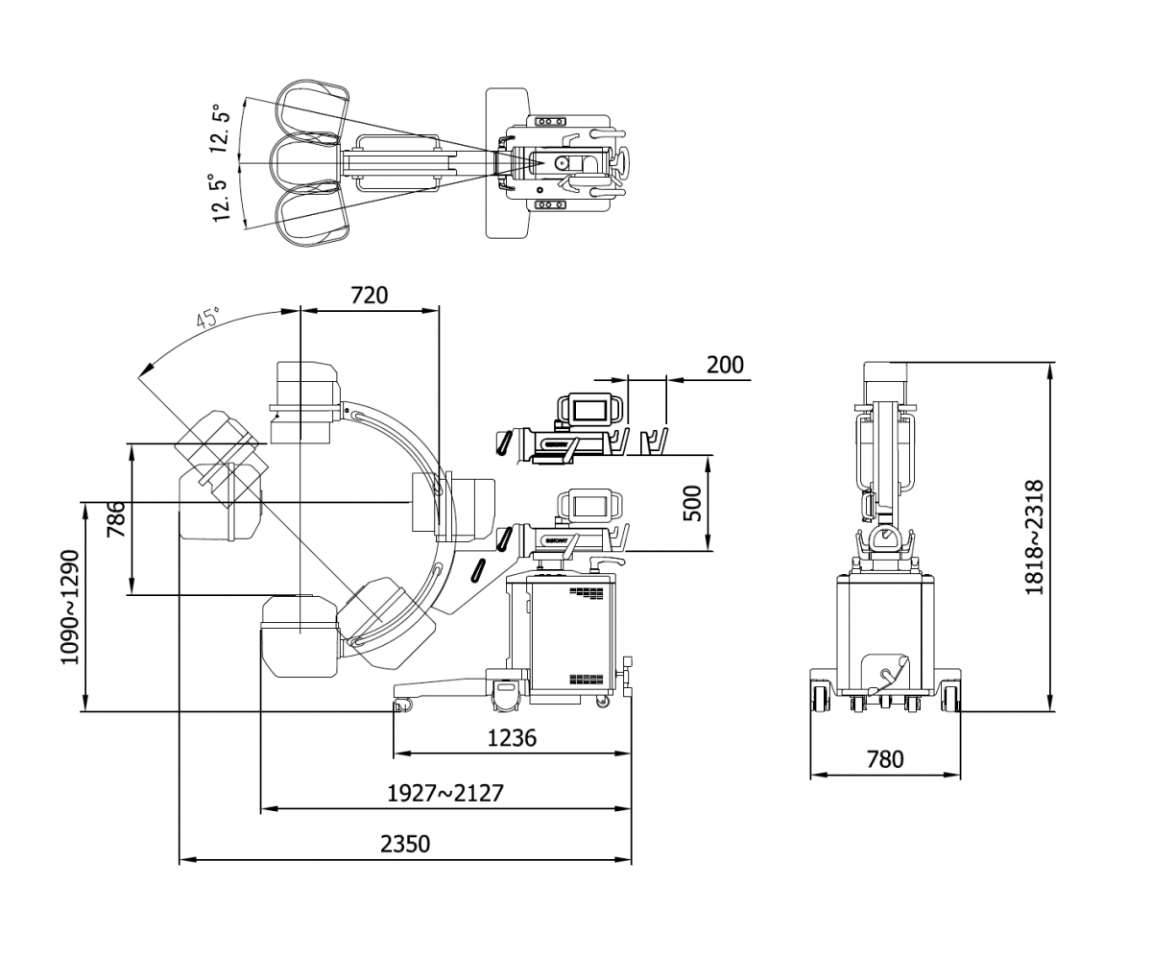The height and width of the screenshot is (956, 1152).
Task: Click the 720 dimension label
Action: [x=369, y=295]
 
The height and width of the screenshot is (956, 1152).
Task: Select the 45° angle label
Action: [x=208, y=319]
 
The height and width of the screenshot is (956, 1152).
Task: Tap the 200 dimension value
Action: [x=725, y=365]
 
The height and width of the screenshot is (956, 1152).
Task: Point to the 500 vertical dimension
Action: [x=691, y=502]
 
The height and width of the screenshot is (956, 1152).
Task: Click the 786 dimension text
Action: [x=115, y=519]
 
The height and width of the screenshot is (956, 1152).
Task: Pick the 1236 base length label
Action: [x=512, y=737]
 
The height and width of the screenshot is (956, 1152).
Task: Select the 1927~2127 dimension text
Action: [x=444, y=793]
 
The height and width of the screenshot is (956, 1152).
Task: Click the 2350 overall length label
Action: [x=405, y=844]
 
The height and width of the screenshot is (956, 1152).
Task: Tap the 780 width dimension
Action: [x=884, y=759]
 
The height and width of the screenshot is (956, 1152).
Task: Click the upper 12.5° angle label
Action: [x=222, y=128]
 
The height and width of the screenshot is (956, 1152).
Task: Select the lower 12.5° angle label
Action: [x=222, y=198]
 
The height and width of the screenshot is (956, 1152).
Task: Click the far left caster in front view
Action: [x=821, y=698]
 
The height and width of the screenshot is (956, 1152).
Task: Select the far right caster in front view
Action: [x=950, y=698]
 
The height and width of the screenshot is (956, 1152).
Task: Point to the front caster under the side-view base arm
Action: [x=403, y=705]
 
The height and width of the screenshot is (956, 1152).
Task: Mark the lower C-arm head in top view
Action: [x=313, y=218]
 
